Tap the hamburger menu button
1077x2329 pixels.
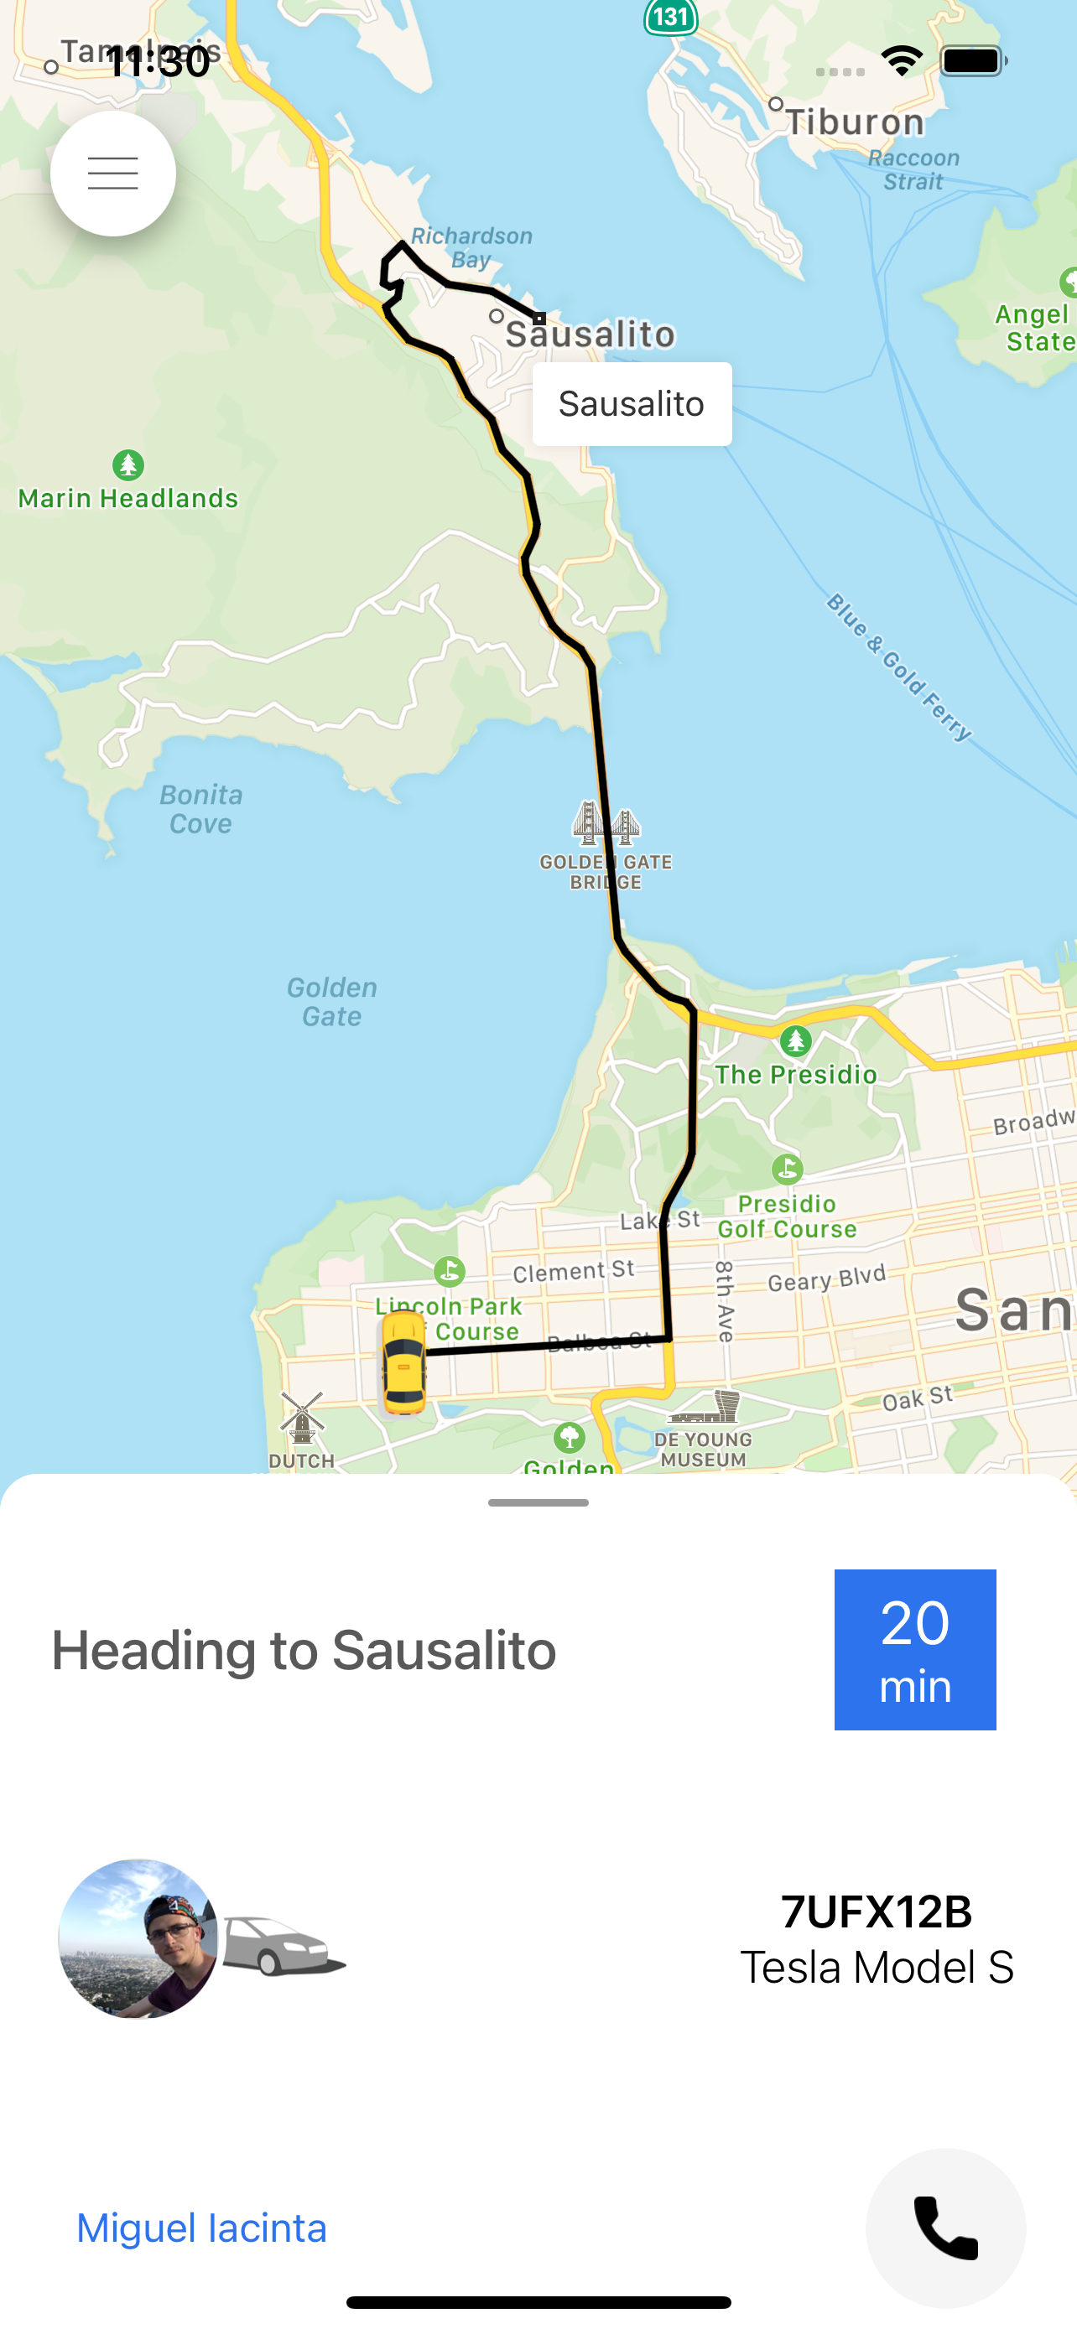click(113, 173)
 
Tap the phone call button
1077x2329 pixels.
click(945, 2227)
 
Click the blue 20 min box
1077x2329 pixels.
click(914, 1649)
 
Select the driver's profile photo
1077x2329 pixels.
click(138, 1938)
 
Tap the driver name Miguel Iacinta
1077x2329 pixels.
click(201, 2228)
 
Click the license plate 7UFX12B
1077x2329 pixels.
click(877, 1911)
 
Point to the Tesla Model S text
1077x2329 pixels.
click(877, 1968)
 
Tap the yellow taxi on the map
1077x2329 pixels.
click(403, 1362)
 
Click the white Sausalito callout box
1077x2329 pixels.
click(632, 404)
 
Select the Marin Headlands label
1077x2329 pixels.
click(127, 497)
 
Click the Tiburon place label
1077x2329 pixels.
click(854, 122)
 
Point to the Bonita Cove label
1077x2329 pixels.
click(200, 809)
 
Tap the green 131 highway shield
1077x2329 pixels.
click(671, 16)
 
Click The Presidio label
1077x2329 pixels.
click(796, 1074)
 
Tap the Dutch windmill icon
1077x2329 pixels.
click(302, 1417)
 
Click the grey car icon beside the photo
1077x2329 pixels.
click(283, 1944)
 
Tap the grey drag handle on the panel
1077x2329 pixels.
click(538, 1502)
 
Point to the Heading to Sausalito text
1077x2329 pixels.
click(304, 1650)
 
